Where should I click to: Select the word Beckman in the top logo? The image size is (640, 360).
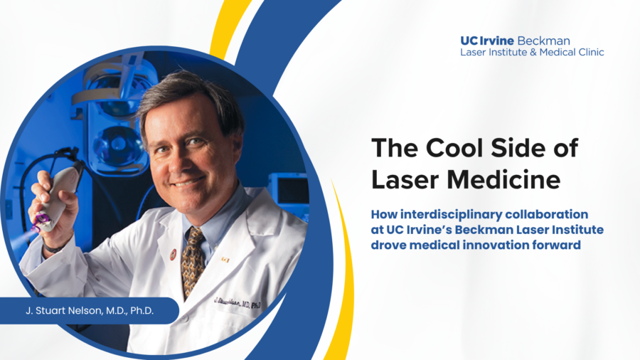point(543,41)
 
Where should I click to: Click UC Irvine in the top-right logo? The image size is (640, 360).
point(487,41)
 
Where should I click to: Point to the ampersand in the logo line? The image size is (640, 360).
point(533,52)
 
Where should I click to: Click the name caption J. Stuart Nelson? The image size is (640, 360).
point(90,311)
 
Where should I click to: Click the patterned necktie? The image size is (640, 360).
point(193,261)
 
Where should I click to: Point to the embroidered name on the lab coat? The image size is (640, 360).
point(237,302)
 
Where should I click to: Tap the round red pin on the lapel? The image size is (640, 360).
point(174,255)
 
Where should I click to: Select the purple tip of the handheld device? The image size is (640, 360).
point(42,222)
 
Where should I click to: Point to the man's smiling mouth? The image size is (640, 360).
point(188,181)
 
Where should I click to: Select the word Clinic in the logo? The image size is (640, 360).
point(591,52)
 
